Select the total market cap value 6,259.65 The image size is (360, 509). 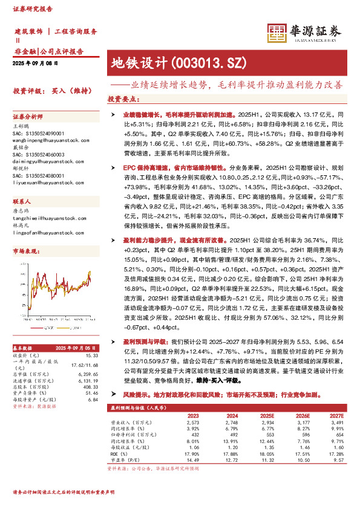[x=88, y=374]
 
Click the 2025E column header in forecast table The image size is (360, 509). [x=266, y=415]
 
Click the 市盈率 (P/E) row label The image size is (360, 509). [x=131, y=459]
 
